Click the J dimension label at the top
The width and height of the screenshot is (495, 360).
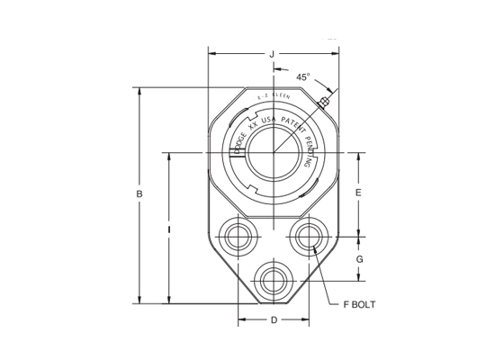click(272, 54)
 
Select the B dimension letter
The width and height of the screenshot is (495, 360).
click(139, 193)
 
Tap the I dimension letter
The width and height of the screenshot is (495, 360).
click(169, 229)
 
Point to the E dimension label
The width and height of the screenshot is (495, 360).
click(358, 193)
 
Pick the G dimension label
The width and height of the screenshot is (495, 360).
click(359, 259)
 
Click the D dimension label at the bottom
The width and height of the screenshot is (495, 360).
click(274, 320)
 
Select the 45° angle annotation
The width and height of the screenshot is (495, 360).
click(302, 77)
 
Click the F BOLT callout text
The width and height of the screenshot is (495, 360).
click(358, 304)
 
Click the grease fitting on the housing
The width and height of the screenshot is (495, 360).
click(326, 103)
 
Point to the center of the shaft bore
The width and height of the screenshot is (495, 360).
click(274, 152)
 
